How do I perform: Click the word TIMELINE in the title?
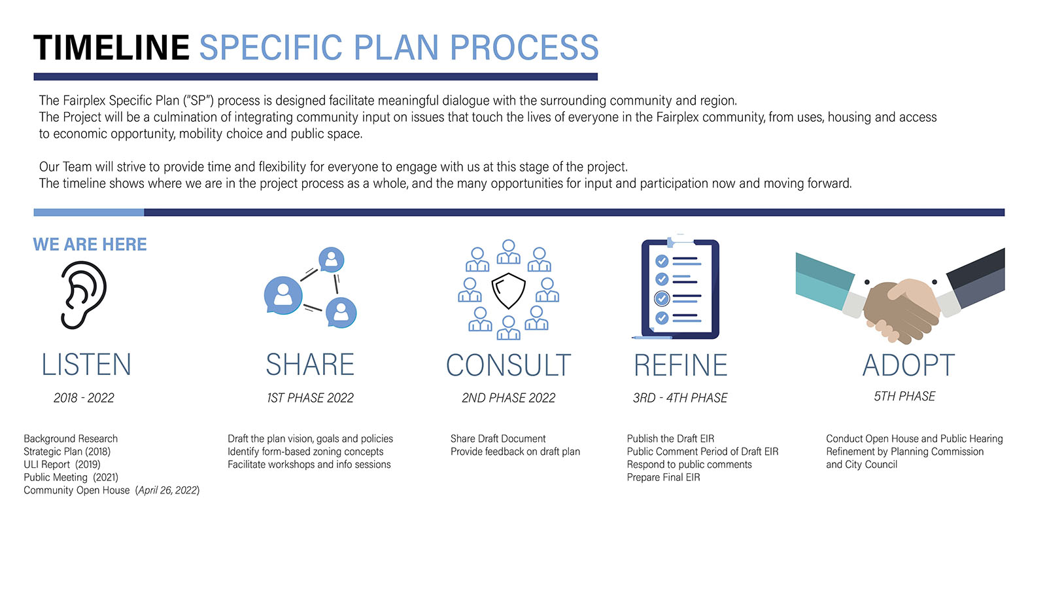[x=111, y=47]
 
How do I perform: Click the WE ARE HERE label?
[x=90, y=244]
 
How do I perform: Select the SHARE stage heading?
[x=310, y=365]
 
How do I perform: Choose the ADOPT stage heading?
[x=908, y=365]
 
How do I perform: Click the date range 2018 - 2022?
[x=84, y=398]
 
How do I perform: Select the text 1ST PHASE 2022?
[x=310, y=398]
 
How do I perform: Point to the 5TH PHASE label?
[x=904, y=396]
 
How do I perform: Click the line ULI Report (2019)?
[x=61, y=465]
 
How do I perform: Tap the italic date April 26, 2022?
[x=168, y=490]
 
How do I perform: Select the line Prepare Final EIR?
[x=663, y=477]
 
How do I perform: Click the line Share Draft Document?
[x=498, y=438]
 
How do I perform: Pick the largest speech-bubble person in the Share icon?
[x=283, y=294]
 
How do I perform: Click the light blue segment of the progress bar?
[x=89, y=213]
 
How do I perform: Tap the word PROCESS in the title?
[x=524, y=47]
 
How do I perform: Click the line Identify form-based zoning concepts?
[x=305, y=452]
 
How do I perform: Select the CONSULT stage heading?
[x=509, y=365]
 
